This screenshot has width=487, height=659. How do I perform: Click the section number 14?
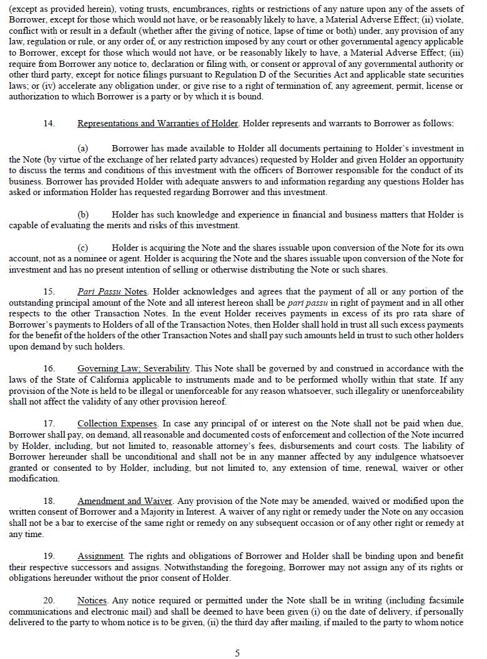tap(49, 123)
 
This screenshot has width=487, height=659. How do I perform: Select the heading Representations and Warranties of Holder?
tap(157, 123)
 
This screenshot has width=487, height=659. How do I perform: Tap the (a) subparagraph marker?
tap(82, 148)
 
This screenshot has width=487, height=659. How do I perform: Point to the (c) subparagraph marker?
tap(82, 248)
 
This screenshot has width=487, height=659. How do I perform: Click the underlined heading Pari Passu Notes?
tap(112, 291)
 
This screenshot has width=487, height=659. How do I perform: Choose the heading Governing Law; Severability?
tap(134, 368)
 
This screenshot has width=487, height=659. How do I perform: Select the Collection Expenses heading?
tap(117, 424)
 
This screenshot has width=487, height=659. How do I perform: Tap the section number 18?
tap(49, 501)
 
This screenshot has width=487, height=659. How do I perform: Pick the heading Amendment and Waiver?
tap(122, 501)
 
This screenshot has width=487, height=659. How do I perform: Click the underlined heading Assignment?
tap(101, 556)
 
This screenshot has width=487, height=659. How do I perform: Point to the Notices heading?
tap(92, 601)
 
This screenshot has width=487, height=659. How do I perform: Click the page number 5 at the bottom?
tap(237, 653)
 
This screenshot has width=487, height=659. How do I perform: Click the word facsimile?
tap(445, 601)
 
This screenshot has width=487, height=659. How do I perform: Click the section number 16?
tap(49, 368)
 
